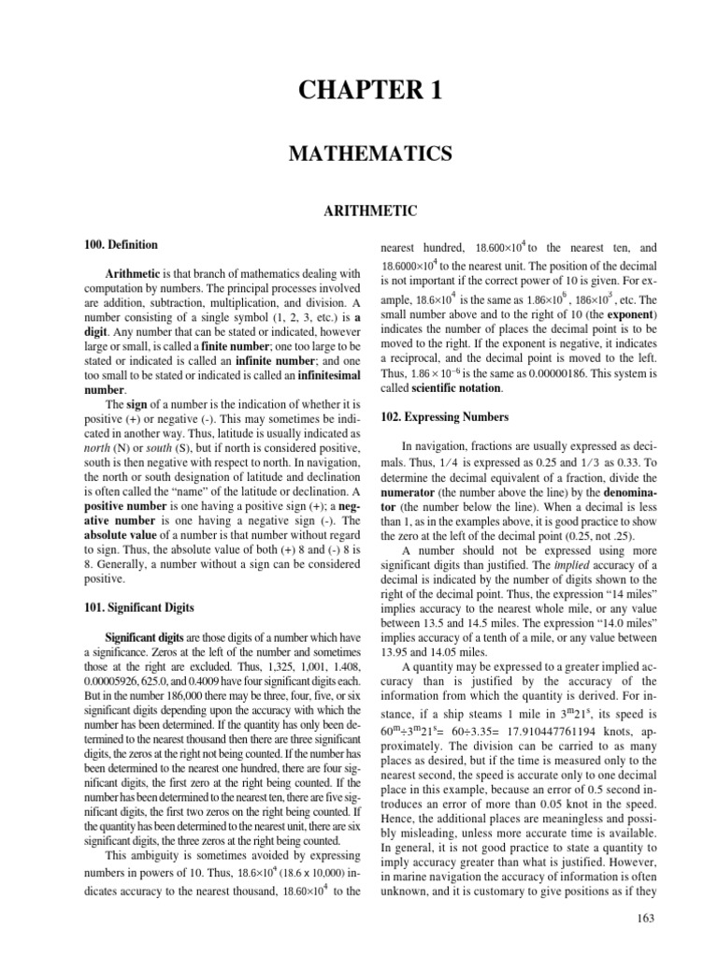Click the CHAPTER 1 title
[x=359, y=91]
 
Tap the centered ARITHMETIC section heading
[x=359, y=212]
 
